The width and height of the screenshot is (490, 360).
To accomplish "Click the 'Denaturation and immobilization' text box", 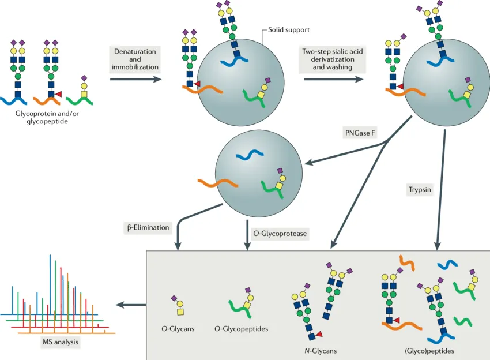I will coord(135,59).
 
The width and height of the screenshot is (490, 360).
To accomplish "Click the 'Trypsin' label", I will coord(419,189).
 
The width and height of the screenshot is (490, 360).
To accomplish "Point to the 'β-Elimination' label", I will coord(148,227).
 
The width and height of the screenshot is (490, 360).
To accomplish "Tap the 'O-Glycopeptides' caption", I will coord(241,329).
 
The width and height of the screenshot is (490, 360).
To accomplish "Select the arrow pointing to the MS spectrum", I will coord(130,305).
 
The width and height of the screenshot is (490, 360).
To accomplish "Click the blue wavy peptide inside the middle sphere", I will coord(250,155).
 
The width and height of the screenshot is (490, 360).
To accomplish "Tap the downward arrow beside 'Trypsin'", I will coord(442,190).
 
